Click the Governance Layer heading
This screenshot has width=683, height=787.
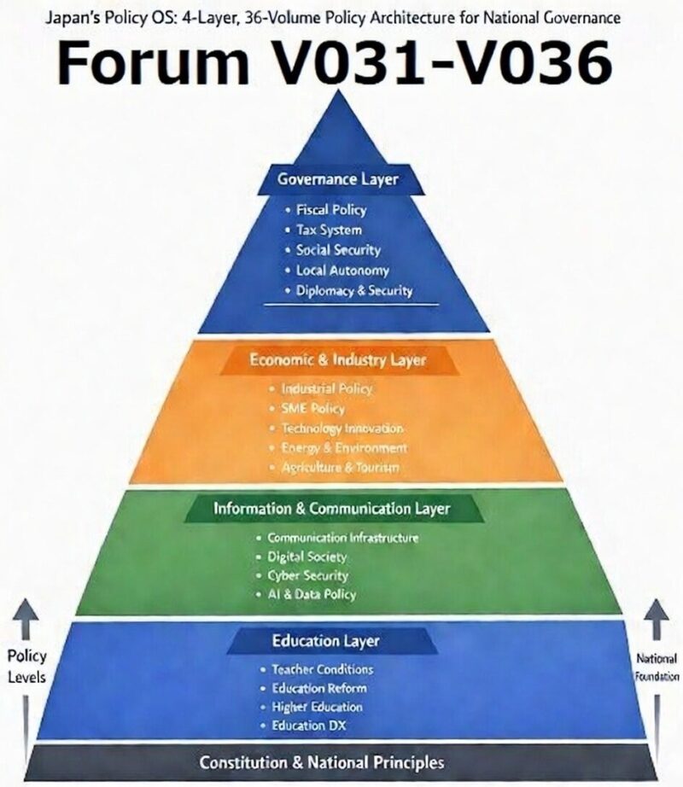tap(337, 179)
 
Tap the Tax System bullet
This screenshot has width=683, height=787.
tap(329, 230)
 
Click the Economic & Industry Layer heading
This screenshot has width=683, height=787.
tap(337, 360)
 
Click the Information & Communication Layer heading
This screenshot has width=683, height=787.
tap(331, 509)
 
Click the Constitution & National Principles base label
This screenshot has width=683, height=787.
tap(322, 761)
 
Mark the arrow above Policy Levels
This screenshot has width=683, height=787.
tap(26, 621)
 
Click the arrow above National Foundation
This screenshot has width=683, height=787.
tap(656, 621)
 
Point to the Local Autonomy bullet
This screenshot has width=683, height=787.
tap(341, 271)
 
